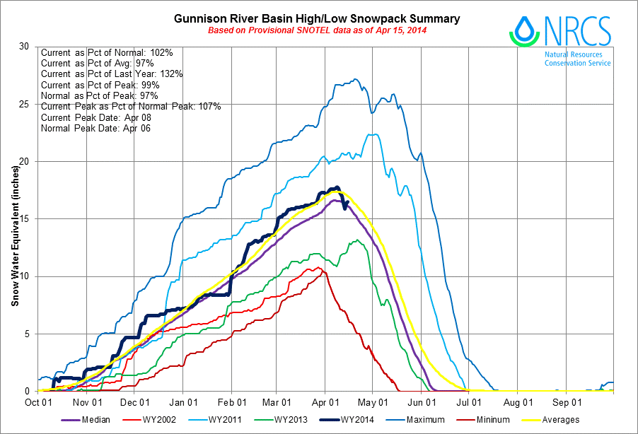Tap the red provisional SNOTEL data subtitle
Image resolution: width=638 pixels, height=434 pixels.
pos(317,30)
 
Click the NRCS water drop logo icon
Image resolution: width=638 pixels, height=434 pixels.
pos(524,31)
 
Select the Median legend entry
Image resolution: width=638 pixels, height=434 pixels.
pos(86,420)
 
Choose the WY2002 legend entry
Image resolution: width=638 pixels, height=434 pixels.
pos(149,420)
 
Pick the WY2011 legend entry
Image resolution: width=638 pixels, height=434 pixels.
pos(215,420)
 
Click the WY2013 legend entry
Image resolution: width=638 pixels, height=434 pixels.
pos(282,420)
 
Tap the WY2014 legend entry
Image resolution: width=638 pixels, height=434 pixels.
pos(347,420)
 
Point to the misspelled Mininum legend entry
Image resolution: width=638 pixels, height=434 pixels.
pos(483,420)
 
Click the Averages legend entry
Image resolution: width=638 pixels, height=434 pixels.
pos(551,420)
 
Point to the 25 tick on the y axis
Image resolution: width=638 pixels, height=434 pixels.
pos(24,104)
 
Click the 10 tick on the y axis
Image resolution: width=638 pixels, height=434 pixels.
pos(24,276)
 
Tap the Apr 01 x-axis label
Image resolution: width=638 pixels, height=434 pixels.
pos(325,403)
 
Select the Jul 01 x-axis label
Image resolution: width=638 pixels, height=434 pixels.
pos(469,403)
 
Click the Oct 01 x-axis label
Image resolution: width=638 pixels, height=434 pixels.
pos(38,403)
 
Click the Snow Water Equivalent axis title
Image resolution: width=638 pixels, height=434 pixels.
pos(15,236)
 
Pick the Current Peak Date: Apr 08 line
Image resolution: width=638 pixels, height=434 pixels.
pos(96,117)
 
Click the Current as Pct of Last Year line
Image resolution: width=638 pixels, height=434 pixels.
pos(112,74)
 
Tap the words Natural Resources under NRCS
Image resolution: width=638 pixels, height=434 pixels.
pos(574,54)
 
